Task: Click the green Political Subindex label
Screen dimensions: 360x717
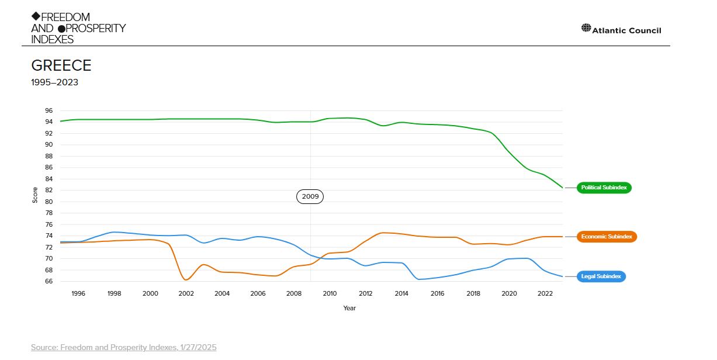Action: (x=604, y=188)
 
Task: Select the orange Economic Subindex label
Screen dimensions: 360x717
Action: (x=606, y=237)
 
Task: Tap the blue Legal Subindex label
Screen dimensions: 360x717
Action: (x=601, y=276)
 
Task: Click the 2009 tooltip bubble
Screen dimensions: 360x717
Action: (x=310, y=196)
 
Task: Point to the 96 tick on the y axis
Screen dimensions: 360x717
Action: (x=49, y=110)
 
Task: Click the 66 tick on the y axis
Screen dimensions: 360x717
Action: (x=49, y=281)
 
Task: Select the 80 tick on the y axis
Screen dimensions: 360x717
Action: (x=49, y=202)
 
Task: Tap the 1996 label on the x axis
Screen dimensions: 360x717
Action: (x=78, y=293)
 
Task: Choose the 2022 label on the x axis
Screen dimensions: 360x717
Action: (x=545, y=293)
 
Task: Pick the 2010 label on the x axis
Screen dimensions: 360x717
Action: (x=330, y=293)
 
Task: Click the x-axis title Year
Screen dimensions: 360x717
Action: (x=349, y=308)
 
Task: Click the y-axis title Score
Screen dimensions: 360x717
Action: (x=35, y=195)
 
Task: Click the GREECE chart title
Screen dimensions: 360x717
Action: (x=61, y=65)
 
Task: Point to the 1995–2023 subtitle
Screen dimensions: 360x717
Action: (x=55, y=82)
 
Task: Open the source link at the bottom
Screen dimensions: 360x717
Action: (x=123, y=347)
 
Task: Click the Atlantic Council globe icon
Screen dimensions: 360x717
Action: (x=586, y=27)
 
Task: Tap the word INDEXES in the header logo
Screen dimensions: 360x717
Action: (x=53, y=39)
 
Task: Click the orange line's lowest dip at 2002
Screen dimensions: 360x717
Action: (x=186, y=280)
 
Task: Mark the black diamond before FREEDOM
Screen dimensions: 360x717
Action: (x=36, y=16)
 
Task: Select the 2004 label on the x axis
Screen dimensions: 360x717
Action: (x=222, y=293)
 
